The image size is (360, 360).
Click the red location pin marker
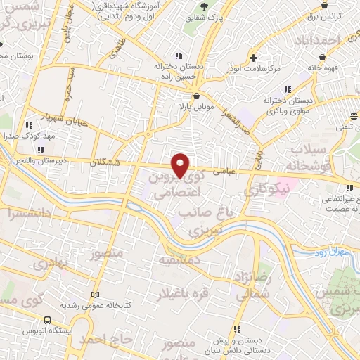point(181,165)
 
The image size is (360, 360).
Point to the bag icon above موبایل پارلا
point(195,97)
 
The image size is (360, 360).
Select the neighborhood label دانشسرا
point(26,212)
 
